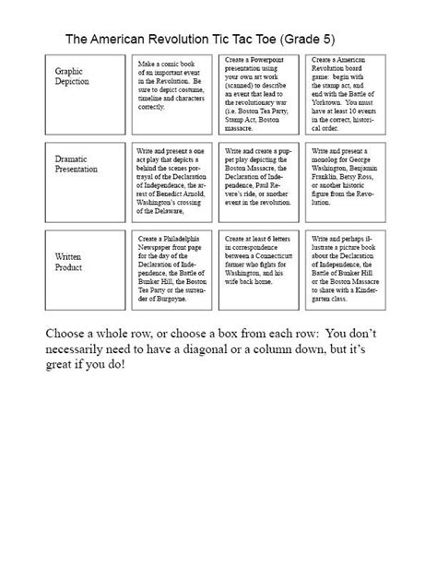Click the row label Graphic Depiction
coord(72,76)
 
